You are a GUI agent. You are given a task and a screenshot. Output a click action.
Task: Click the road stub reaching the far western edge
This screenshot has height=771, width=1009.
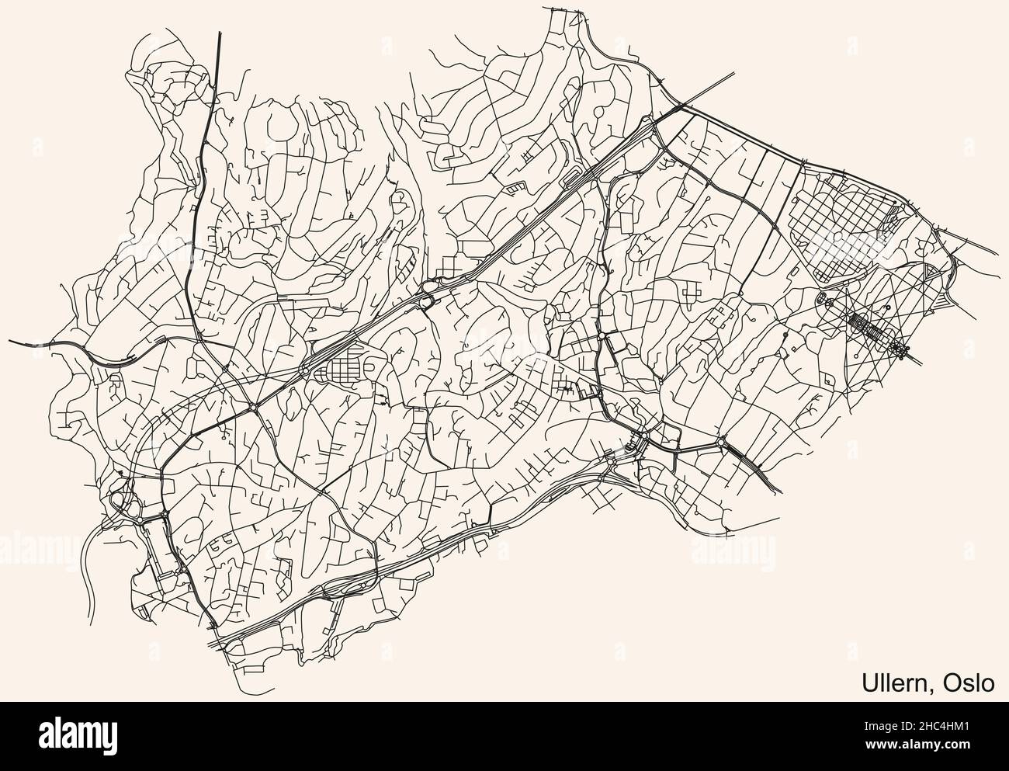click(11, 340)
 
